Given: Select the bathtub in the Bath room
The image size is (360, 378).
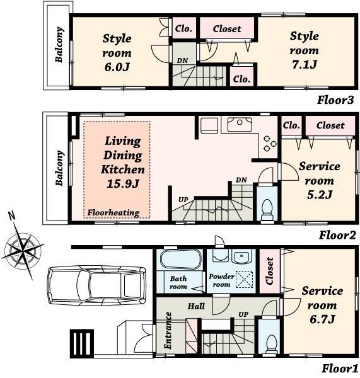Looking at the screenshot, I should click(179, 260).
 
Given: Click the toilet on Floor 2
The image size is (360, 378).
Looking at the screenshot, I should click(267, 207).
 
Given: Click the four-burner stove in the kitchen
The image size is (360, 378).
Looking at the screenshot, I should click(269, 144).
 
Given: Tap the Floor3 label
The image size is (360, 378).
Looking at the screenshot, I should click(335, 100).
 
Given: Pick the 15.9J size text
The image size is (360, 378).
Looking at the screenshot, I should click(123, 183).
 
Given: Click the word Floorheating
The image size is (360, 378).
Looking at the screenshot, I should click(113, 213).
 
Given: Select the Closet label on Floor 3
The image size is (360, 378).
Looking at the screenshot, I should click(227, 28).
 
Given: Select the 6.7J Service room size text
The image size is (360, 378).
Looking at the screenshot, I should click(322, 319).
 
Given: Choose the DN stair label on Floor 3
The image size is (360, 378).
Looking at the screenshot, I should click(182, 60).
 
